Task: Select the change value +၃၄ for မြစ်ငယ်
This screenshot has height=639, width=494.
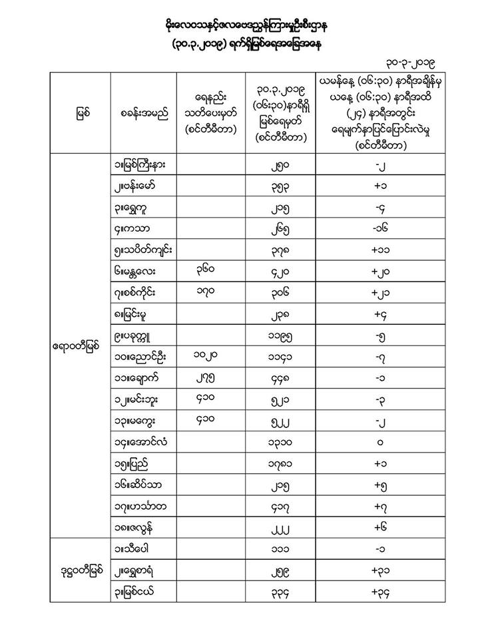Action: click(377, 591)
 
